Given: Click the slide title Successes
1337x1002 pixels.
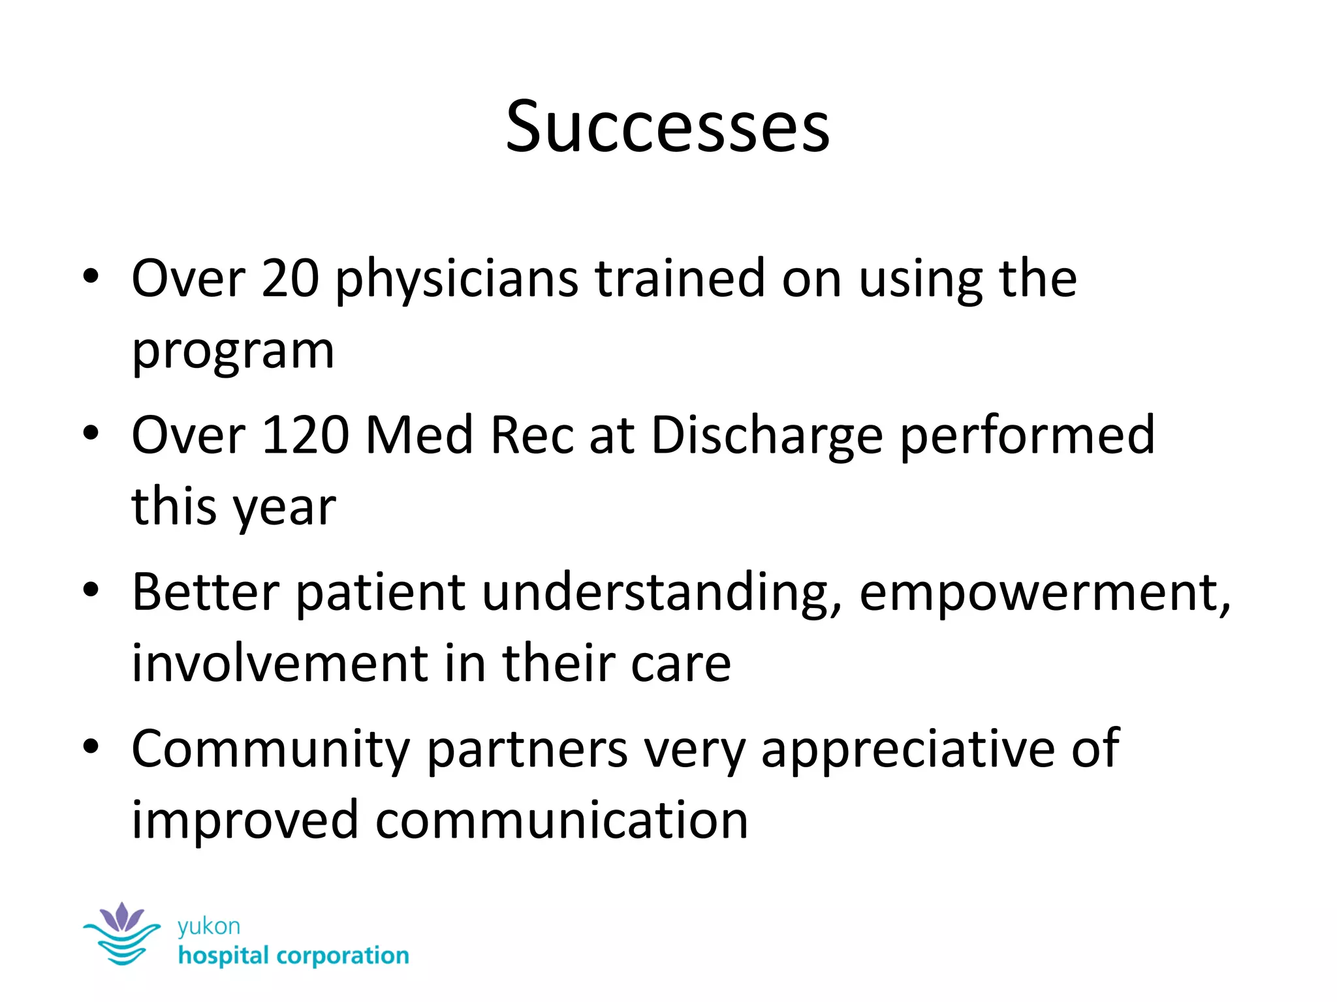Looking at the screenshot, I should (x=667, y=127).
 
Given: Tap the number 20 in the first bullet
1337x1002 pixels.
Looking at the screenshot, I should (x=291, y=279).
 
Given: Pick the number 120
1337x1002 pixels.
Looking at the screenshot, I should (x=305, y=435).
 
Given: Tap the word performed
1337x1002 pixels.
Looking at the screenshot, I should (x=1028, y=437).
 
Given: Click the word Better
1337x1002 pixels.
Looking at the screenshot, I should (x=206, y=592).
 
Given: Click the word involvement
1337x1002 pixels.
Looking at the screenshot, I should (x=279, y=663).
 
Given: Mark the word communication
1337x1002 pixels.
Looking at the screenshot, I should (x=561, y=820).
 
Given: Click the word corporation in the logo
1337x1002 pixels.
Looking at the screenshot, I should (x=343, y=956).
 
